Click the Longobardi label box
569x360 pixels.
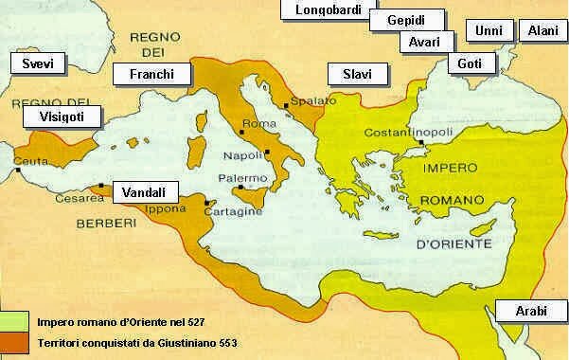pos(322,10)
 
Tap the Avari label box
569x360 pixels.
pos(418,43)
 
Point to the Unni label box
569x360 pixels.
pos(489,31)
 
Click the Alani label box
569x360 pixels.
pos(543,31)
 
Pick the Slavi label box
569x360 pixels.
pos(356,74)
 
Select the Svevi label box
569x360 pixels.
pos(29,63)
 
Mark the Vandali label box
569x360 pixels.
pos(143,191)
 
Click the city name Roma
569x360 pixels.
pos(258,124)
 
